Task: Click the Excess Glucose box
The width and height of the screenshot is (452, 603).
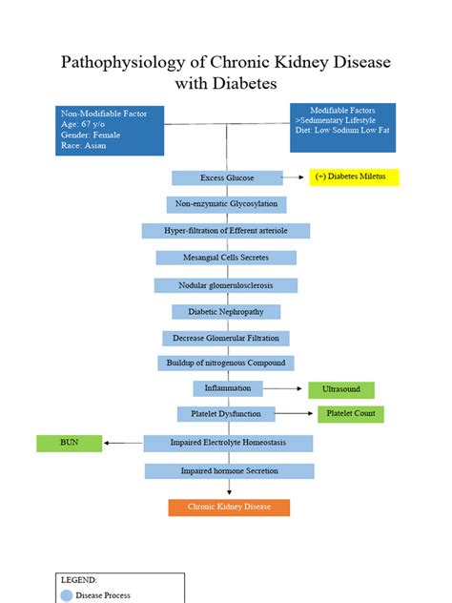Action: (227, 178)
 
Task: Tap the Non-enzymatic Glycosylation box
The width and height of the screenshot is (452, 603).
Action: (226, 204)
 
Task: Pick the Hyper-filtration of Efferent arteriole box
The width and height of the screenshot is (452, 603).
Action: (226, 231)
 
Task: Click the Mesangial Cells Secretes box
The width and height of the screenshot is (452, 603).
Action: (226, 258)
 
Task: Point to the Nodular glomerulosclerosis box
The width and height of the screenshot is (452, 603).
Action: (226, 285)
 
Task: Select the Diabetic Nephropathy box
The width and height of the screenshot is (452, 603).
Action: (226, 312)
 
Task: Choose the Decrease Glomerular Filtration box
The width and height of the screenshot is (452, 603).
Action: (226, 338)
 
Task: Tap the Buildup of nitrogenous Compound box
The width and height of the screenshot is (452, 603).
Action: (226, 363)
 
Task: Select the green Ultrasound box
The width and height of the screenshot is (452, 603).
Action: (340, 389)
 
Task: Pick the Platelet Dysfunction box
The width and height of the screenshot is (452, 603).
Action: (226, 414)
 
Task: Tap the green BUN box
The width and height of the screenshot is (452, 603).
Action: (69, 443)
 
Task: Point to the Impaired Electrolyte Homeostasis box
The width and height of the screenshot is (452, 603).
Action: (228, 443)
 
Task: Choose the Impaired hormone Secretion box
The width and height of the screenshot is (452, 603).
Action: (229, 470)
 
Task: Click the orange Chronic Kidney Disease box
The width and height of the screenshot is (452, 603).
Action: (229, 508)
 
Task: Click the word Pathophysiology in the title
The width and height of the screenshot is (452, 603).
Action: (121, 63)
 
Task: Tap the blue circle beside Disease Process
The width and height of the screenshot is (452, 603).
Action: (67, 595)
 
